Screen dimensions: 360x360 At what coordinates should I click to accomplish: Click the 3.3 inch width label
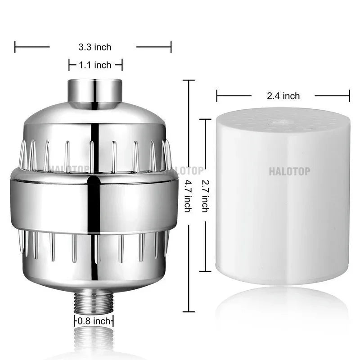point(94,47)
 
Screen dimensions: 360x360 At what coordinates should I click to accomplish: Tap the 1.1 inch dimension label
point(95,65)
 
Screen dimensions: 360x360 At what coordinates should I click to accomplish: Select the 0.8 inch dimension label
point(94,321)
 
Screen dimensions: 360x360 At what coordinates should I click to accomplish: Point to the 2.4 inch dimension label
point(283,95)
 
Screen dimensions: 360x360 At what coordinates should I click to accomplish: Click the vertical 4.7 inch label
point(187,196)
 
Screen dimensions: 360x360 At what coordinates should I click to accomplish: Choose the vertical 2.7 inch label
point(205,196)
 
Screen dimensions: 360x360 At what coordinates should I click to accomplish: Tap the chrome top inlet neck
point(95,92)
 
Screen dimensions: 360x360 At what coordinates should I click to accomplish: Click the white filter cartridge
point(282,202)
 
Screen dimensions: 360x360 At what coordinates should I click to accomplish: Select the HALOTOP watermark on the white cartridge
point(289,171)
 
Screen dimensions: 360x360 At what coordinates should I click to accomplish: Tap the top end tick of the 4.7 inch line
point(188,80)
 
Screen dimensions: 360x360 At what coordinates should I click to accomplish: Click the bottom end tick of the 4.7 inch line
point(188,311)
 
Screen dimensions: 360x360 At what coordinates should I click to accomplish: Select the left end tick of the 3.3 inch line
point(15,46)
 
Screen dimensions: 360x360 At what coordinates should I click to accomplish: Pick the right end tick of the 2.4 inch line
point(350,95)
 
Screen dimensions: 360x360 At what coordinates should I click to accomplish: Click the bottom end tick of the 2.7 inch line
point(205,271)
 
